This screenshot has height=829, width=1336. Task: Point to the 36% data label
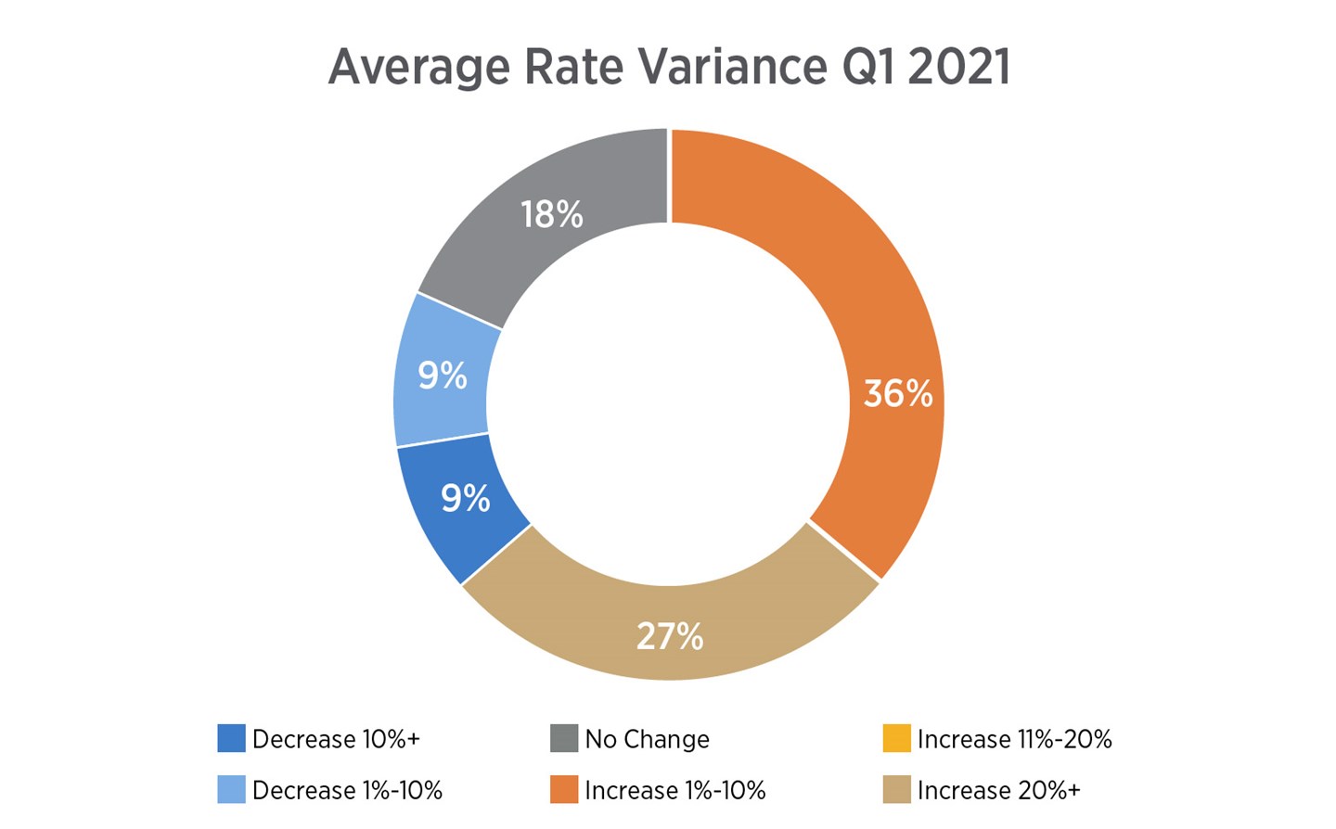[897, 394]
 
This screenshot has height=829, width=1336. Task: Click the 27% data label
[669, 637]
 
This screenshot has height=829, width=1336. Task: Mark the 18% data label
[551, 215]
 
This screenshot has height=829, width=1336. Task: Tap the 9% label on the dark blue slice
[465, 499]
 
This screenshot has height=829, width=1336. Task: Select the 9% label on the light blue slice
[442, 376]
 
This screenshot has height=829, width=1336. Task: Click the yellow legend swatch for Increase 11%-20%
[896, 739]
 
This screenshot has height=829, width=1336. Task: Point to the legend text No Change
[647, 739]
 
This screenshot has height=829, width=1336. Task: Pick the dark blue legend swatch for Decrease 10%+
[231, 739]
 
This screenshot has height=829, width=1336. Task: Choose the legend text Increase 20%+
[998, 790]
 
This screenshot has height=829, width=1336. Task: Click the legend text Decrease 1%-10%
[347, 790]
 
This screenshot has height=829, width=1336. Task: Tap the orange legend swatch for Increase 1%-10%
[564, 790]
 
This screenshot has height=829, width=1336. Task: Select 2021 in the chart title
[958, 67]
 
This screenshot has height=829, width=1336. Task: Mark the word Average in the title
[418, 67]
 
